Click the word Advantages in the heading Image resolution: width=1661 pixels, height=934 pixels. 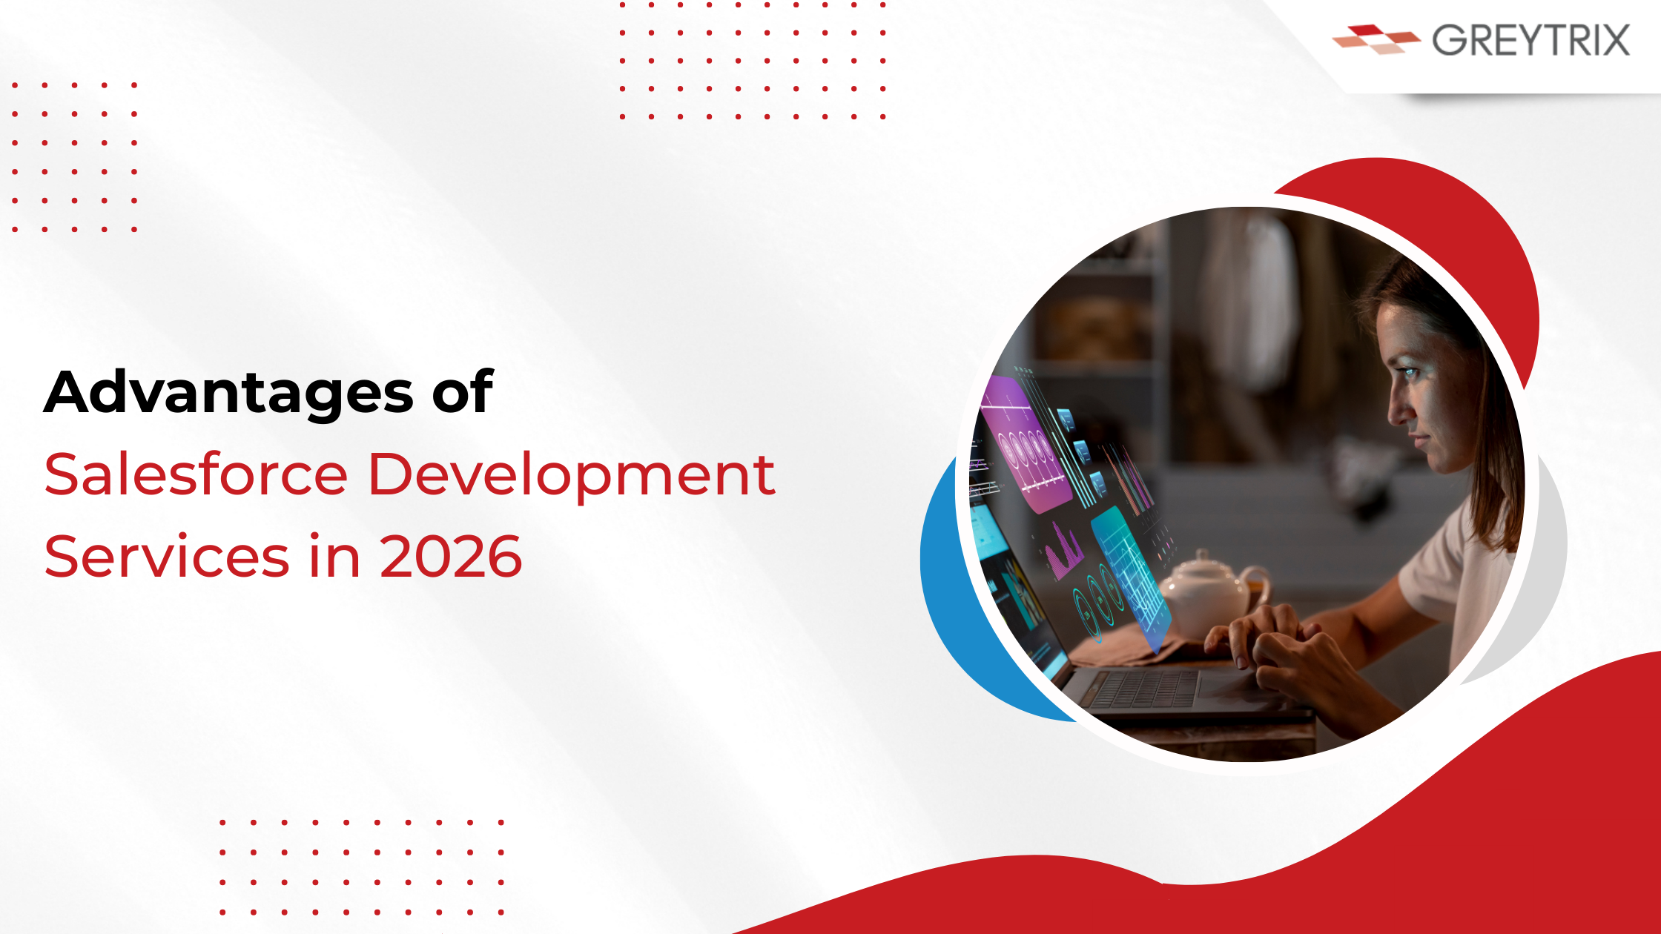tap(228, 392)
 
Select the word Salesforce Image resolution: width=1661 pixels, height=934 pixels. tap(196, 474)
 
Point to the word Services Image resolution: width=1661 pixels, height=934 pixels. tap(167, 556)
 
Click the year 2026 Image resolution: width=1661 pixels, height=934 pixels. tap(451, 557)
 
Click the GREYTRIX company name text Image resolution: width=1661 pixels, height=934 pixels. tap(1530, 40)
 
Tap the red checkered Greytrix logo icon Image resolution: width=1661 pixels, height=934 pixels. tap(1376, 39)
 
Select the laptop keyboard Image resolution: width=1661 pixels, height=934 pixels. tap(1146, 689)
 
